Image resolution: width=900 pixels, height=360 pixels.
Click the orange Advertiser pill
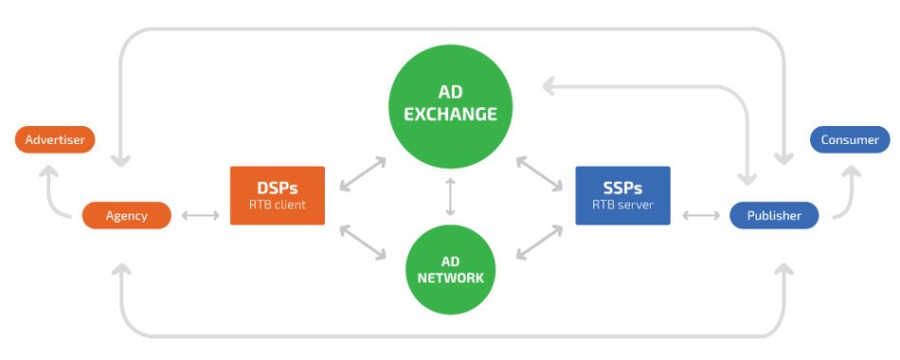tap(55, 140)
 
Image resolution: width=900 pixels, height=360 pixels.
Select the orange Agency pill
tap(127, 215)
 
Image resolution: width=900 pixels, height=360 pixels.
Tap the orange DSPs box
tap(277, 195)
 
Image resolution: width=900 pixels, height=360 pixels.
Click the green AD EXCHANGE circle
tap(450, 102)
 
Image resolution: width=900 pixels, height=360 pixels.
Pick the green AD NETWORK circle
tap(450, 269)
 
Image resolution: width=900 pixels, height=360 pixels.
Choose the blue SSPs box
tap(622, 195)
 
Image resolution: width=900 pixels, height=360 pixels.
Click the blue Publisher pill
tap(774, 215)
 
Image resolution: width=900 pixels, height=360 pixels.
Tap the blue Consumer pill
tap(850, 140)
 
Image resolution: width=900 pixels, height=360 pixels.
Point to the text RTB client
tap(277, 204)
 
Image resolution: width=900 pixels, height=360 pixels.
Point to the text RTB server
tap(622, 204)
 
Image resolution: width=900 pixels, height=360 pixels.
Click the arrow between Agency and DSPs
tap(200, 216)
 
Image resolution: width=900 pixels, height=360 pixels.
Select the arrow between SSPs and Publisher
tap(700, 216)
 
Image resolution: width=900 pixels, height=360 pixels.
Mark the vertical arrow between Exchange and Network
tap(450, 196)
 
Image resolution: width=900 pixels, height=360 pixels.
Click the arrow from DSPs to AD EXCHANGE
tap(363, 175)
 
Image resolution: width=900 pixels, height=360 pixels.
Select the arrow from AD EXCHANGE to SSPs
tap(541, 175)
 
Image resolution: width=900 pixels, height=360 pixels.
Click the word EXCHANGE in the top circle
tap(450, 114)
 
